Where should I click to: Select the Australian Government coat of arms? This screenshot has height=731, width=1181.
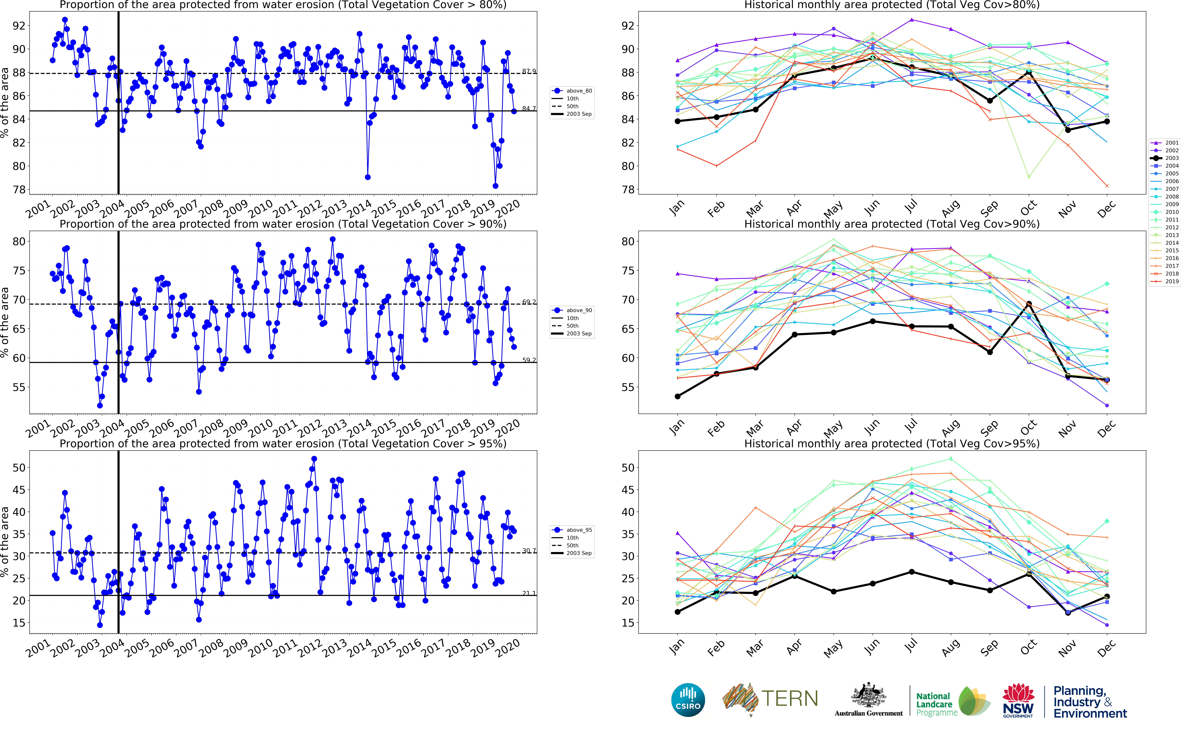point(869,696)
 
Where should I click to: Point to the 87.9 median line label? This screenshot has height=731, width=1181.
point(529,72)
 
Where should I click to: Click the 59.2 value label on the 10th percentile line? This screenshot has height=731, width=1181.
point(529,360)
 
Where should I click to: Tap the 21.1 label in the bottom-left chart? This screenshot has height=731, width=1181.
point(529,593)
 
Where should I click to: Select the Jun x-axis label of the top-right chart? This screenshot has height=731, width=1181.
point(872,208)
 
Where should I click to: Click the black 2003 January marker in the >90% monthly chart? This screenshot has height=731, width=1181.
point(677,396)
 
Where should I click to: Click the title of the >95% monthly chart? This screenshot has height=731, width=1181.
point(892,443)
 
